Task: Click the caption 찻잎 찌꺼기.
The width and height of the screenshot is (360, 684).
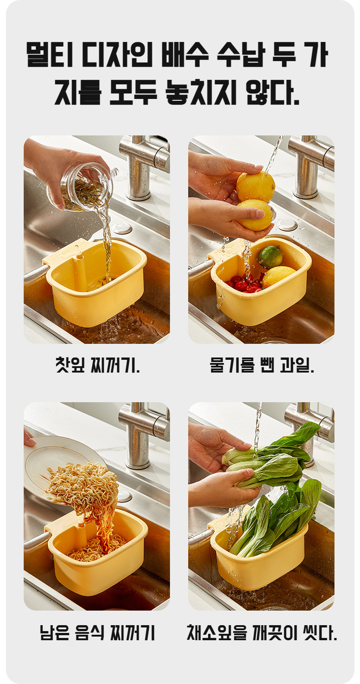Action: pyautogui.click(x=97, y=365)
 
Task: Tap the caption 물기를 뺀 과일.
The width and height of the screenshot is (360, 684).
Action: pyautogui.click(x=262, y=365)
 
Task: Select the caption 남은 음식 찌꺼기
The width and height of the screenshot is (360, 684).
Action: pyautogui.click(x=98, y=632)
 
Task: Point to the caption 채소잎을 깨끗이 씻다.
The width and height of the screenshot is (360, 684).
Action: pyautogui.click(x=262, y=632)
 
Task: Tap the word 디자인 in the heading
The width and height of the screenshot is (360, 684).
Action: pyautogui.click(x=117, y=55)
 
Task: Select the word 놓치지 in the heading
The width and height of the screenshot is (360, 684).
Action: pyautogui.click(x=201, y=92)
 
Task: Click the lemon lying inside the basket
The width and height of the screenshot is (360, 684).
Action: pyautogui.click(x=278, y=277)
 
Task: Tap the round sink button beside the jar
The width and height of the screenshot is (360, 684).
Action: pyautogui.click(x=122, y=228)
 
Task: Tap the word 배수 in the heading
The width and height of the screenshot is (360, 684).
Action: pyautogui.click(x=185, y=55)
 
